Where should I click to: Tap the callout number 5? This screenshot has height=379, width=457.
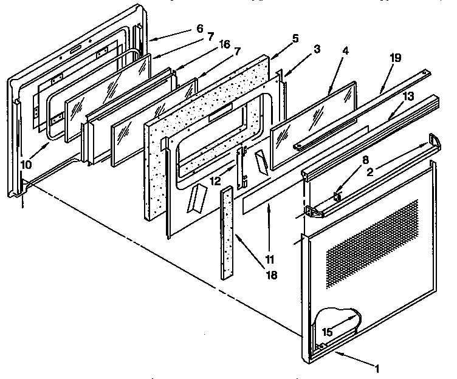click(x=295, y=38)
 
